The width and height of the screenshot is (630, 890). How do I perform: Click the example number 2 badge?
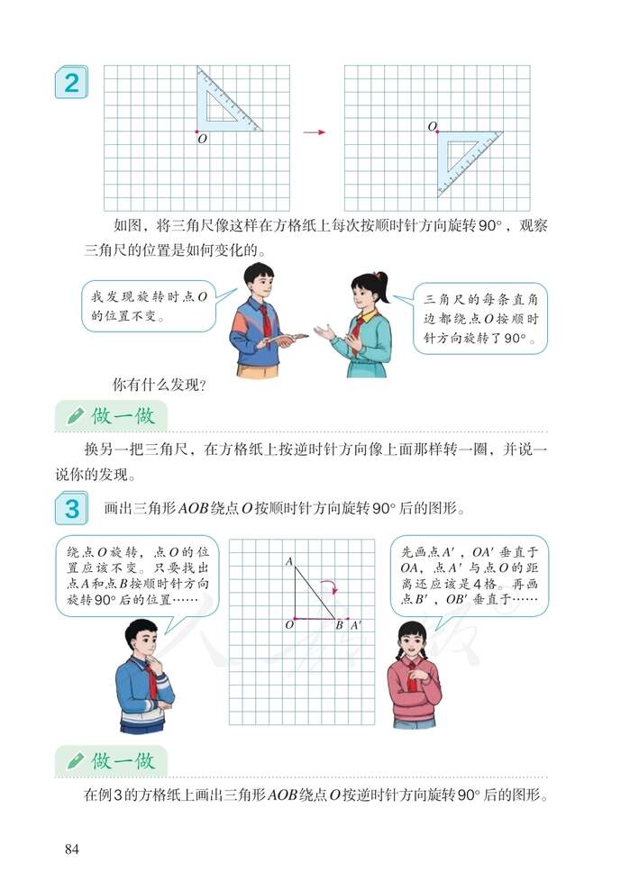click(69, 85)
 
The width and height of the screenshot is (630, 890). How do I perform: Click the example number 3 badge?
click(70, 509)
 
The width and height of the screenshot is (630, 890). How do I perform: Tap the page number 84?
click(73, 849)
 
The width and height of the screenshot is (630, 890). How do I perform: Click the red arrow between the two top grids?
click(313, 132)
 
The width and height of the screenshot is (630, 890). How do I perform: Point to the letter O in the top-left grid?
click(201, 140)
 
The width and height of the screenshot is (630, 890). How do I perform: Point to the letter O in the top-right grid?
click(432, 126)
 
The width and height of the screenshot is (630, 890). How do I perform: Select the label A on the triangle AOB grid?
click(288, 562)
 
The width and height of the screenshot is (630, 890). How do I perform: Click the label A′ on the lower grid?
click(356, 624)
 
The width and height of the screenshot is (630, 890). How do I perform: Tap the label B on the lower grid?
click(339, 624)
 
